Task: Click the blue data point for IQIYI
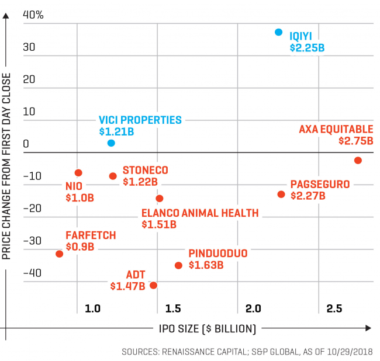point(279,32)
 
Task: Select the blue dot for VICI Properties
point(111,143)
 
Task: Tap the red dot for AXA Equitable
point(358,160)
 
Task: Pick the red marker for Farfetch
point(59,254)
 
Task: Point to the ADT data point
point(153,285)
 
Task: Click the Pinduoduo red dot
point(178,265)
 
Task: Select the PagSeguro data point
point(281,194)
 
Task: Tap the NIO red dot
point(78,173)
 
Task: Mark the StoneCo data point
point(113,176)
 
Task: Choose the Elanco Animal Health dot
point(159,199)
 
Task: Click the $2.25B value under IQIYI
point(307,47)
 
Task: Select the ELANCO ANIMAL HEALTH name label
point(200,213)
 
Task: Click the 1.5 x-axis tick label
point(172,308)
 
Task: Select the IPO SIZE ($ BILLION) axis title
point(208,328)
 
